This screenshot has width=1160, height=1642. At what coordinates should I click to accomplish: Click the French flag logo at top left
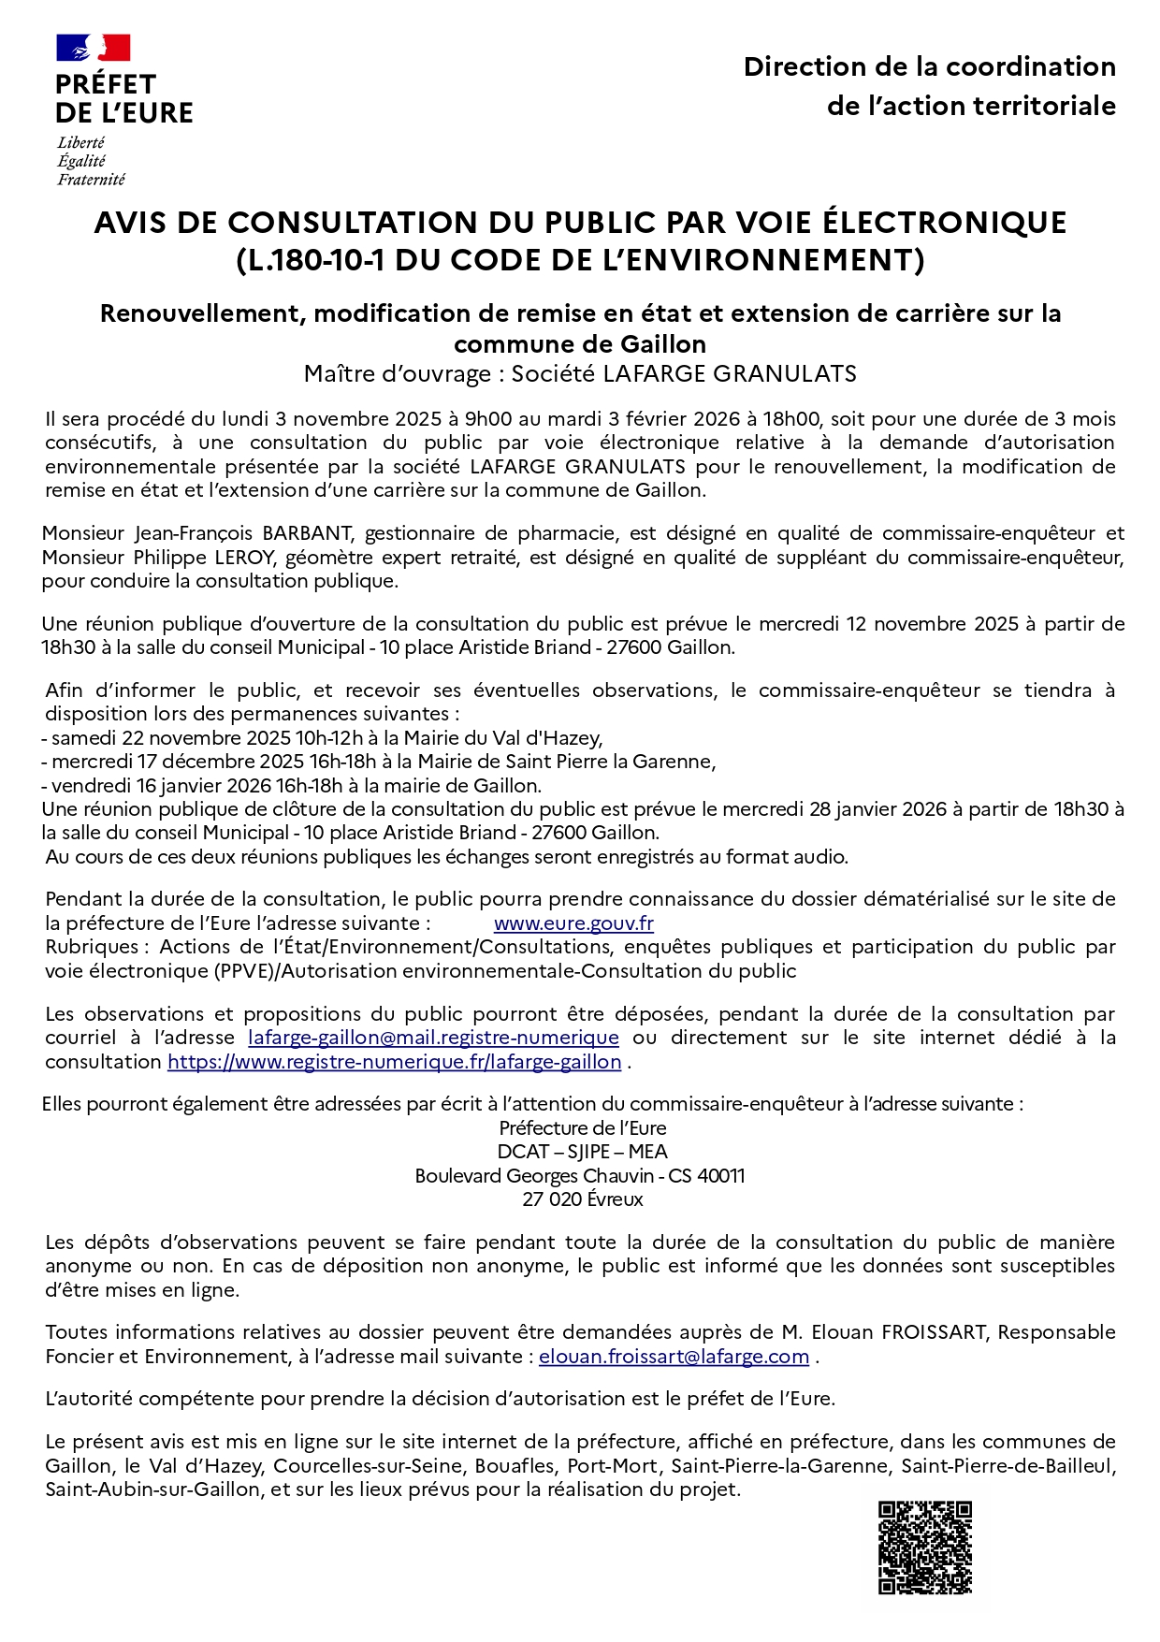click(x=93, y=48)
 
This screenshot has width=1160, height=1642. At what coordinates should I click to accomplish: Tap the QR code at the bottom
click(x=924, y=1548)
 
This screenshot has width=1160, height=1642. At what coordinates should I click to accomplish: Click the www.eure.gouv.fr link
click(x=573, y=923)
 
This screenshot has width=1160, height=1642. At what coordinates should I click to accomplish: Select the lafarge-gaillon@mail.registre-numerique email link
click(x=433, y=1038)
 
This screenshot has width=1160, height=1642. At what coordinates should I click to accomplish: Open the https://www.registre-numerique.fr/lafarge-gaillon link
click(x=394, y=1062)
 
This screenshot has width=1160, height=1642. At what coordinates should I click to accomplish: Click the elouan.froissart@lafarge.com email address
click(x=674, y=1357)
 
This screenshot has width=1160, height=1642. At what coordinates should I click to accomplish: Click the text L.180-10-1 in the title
click(x=313, y=260)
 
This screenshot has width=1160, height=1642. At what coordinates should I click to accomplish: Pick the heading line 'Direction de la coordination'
click(x=929, y=67)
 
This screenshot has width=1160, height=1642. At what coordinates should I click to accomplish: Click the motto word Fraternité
click(x=91, y=180)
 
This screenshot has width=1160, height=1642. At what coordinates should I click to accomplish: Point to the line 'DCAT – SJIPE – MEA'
click(x=582, y=1152)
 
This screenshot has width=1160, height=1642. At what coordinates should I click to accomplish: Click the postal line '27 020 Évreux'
click(x=582, y=1199)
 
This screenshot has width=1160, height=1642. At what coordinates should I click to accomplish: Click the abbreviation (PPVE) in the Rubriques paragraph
click(x=237, y=971)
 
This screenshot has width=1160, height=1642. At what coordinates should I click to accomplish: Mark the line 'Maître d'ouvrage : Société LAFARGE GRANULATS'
click(x=580, y=374)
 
